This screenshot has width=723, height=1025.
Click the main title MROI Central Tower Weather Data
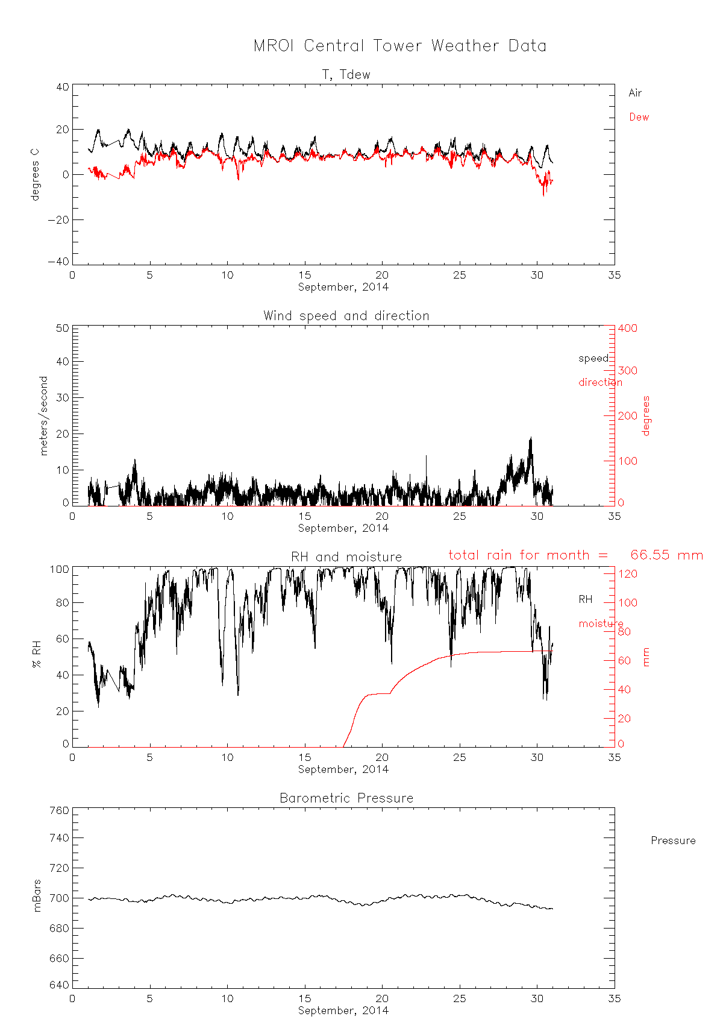pos(400,46)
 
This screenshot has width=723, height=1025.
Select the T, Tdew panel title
pos(346,75)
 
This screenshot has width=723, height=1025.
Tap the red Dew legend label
pos(639,117)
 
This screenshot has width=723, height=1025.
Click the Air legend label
pos(635,93)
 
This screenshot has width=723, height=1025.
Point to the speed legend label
pos(593,358)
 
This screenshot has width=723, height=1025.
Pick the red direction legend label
pos(600,382)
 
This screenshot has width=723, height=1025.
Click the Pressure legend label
pos(673,840)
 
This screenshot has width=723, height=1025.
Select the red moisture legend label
pos(601,623)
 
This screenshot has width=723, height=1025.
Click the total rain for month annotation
pos(575,555)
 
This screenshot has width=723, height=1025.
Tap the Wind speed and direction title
pos(346,316)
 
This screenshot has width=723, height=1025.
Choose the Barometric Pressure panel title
pos(346,798)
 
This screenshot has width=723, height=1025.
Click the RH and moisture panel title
pos(346,557)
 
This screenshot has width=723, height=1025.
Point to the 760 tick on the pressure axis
pos(58,810)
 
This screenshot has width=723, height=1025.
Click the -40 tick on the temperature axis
pos(58,262)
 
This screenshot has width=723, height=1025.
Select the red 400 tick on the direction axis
pos(627,328)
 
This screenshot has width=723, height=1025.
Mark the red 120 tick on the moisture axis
pos(627,574)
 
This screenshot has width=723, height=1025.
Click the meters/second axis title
pos(43,415)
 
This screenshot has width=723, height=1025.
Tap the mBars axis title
pos(37,895)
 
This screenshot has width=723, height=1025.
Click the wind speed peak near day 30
pos(531,438)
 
